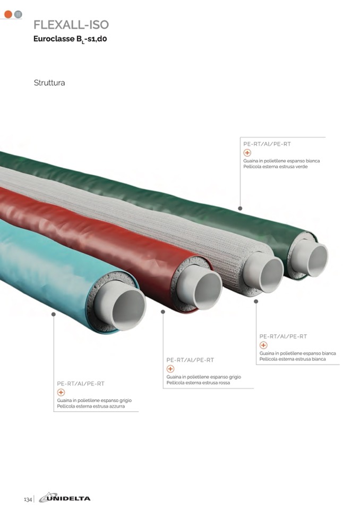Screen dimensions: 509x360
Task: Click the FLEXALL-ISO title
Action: (71, 24)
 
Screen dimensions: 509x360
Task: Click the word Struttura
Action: (49, 83)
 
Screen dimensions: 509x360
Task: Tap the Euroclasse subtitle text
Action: (73, 39)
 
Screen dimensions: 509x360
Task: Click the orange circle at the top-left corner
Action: (8, 14)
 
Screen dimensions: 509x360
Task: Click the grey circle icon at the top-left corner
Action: (18, 14)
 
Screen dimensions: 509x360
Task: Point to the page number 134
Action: (28, 499)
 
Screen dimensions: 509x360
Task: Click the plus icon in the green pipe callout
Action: (247, 153)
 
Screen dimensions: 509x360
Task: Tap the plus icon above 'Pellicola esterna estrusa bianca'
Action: (263, 345)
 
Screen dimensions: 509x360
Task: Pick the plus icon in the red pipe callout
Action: (170, 369)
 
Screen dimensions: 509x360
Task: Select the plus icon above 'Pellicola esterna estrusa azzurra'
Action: (61, 392)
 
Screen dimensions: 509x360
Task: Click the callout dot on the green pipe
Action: (240, 209)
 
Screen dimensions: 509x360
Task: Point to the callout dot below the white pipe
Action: (256, 301)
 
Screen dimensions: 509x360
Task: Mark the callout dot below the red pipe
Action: (163, 312)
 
